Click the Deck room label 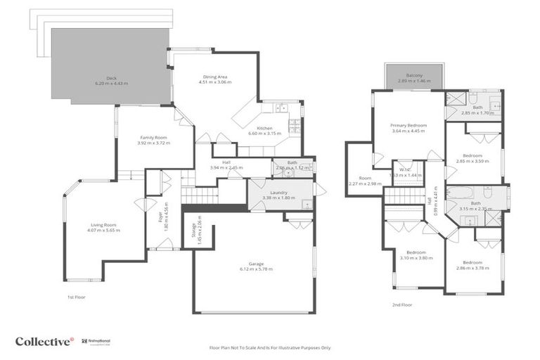111,78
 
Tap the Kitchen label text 264,128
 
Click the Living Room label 104,224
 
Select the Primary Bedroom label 409,125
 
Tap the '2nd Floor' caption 402,304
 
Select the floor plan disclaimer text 270,347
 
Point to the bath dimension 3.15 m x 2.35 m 476,208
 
